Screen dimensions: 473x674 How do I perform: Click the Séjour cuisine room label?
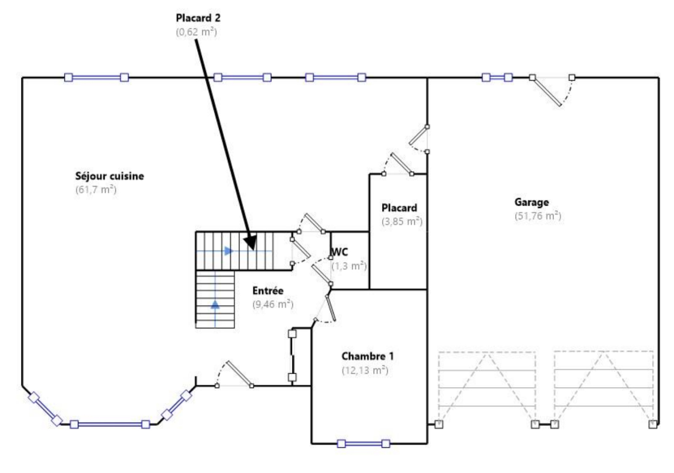(x=110, y=176)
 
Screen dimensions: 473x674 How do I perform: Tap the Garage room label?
(x=532, y=202)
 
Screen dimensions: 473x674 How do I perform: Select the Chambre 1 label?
(x=367, y=356)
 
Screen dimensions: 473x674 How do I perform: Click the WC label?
(x=340, y=252)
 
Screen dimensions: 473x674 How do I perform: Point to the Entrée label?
(x=268, y=291)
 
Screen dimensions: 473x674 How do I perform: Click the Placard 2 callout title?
(x=198, y=18)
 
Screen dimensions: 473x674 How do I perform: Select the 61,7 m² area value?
(x=96, y=190)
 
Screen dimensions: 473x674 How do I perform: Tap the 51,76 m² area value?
(x=538, y=216)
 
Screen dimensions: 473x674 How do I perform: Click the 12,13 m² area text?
(x=365, y=370)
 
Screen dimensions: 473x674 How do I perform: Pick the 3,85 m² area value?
(x=401, y=221)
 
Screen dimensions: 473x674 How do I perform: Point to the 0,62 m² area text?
(x=196, y=32)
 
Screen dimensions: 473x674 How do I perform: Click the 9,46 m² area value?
(x=273, y=304)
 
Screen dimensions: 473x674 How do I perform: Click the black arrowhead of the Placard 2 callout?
(x=251, y=242)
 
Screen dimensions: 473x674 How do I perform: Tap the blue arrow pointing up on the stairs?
(x=215, y=304)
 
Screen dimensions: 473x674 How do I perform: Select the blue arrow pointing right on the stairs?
(x=228, y=251)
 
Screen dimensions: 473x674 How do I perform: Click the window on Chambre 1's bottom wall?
(x=364, y=443)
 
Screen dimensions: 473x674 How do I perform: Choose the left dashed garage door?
(x=487, y=387)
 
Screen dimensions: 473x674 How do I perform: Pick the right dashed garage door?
(x=603, y=387)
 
